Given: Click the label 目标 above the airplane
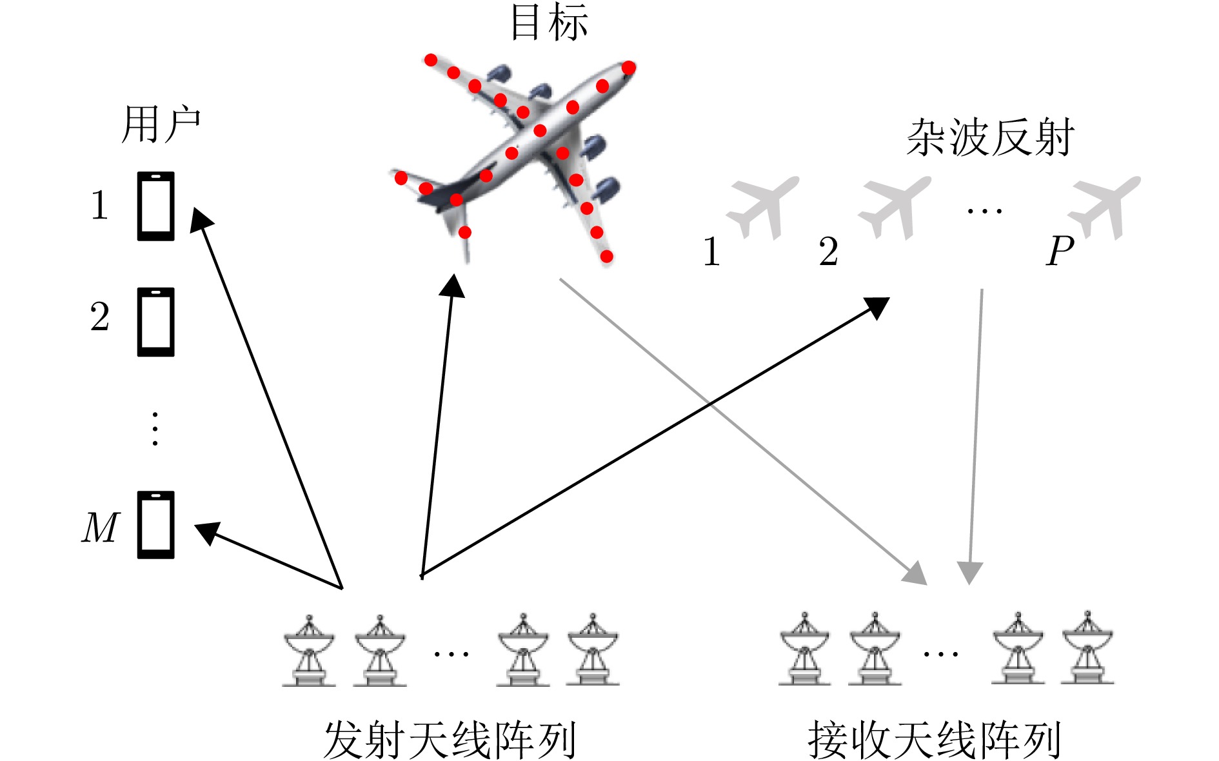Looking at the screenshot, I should coord(549,23).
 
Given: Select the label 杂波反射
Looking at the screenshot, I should coord(990,138).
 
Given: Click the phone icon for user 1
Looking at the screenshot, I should coord(156,206).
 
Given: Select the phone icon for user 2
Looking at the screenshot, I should coord(156,322).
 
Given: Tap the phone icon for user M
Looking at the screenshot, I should coord(156,525).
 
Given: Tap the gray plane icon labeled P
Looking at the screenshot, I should coord(1104,207).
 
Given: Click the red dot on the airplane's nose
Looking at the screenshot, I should coord(629,67).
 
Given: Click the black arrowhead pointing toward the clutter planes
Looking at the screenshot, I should coord(878,306).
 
